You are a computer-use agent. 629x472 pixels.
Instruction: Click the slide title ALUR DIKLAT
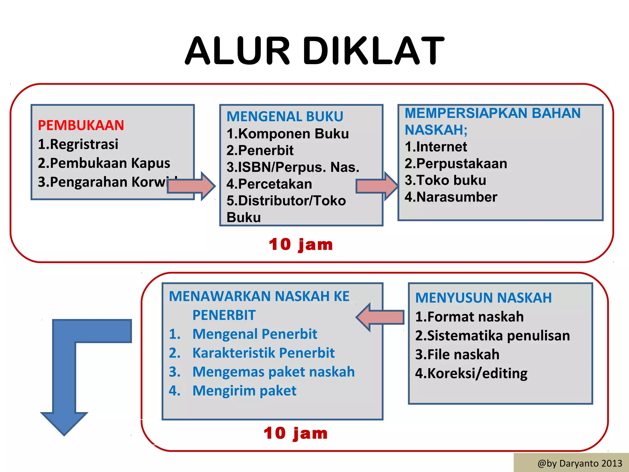pyautogui.click(x=314, y=51)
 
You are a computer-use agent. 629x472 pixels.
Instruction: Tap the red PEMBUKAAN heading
pyautogui.click(x=81, y=125)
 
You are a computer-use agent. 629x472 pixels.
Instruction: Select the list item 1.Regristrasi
pyautogui.click(x=78, y=144)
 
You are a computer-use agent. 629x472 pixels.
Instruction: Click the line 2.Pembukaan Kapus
pyautogui.click(x=104, y=163)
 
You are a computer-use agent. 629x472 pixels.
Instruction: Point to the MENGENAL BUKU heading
pyautogui.click(x=285, y=116)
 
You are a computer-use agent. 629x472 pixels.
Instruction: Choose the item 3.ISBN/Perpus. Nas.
pyautogui.click(x=293, y=167)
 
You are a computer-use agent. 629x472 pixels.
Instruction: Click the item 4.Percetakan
pyautogui.click(x=269, y=184)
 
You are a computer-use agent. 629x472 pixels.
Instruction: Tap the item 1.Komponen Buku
pyautogui.click(x=287, y=134)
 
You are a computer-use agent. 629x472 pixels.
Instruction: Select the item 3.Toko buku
pyautogui.click(x=445, y=180)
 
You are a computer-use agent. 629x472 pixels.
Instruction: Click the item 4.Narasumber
pyautogui.click(x=451, y=197)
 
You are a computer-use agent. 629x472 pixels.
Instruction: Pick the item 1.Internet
pyautogui.click(x=436, y=147)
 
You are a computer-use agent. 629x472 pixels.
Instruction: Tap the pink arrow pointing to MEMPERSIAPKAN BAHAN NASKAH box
pyautogui.click(x=377, y=186)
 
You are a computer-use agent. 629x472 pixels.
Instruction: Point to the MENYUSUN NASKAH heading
pyautogui.click(x=483, y=298)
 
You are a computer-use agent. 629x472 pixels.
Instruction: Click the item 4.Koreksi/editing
pyautogui.click(x=471, y=373)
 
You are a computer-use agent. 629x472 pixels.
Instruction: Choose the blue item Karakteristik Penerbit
pyautogui.click(x=263, y=353)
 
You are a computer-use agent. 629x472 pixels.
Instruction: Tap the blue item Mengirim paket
pyautogui.click(x=244, y=391)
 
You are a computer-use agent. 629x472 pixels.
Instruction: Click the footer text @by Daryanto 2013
pyautogui.click(x=580, y=463)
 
